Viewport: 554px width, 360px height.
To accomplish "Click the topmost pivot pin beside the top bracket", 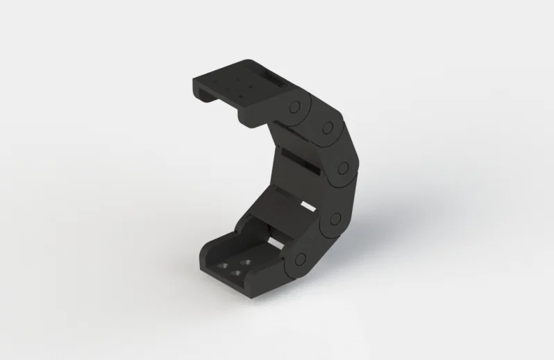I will tap(294, 108).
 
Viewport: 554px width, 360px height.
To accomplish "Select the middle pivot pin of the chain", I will tap(342, 167).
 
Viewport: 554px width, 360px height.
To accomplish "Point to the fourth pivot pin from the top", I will tap(335, 219).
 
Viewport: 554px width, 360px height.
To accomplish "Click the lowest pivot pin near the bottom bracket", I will tap(300, 259).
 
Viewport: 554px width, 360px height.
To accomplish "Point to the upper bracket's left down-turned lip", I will tap(197, 89).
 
